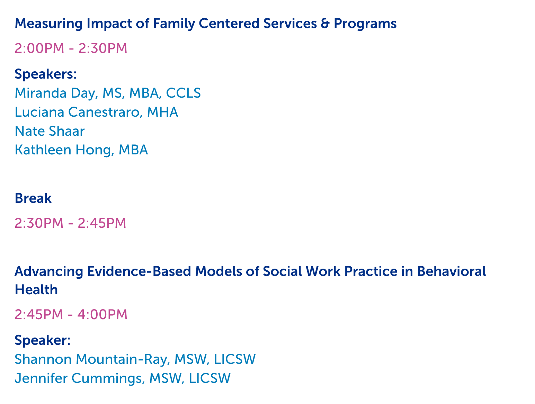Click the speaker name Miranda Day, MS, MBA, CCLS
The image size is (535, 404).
(107, 93)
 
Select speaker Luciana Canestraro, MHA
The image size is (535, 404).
(97, 112)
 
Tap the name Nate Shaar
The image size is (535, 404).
(50, 131)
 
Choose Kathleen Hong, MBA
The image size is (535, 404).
(81, 150)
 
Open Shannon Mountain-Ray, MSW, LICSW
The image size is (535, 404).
(135, 359)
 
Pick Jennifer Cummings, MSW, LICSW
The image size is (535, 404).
(123, 378)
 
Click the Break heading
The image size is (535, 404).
(33, 198)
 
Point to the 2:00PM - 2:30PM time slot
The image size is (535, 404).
(71, 48)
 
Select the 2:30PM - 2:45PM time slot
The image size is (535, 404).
(70, 223)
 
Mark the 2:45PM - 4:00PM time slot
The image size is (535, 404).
(71, 314)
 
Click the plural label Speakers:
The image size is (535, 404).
(46, 74)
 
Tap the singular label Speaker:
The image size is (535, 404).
(42, 340)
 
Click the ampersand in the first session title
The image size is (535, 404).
(325, 24)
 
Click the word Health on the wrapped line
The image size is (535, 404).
(36, 289)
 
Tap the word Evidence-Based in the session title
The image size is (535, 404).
(139, 271)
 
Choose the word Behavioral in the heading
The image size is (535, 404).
(451, 271)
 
